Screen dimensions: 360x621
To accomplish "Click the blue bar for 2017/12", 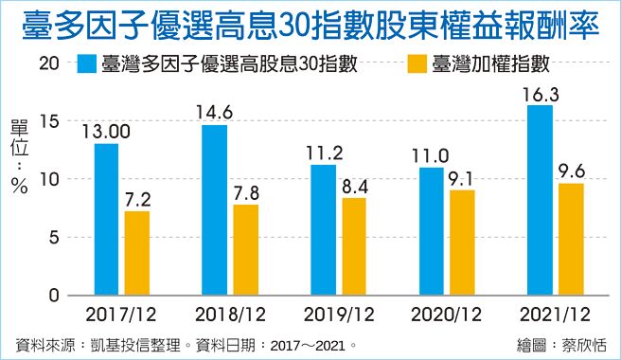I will [x=106, y=219].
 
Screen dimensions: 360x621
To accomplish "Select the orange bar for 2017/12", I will [x=137, y=253].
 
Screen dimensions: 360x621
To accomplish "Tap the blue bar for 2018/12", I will [x=214, y=209].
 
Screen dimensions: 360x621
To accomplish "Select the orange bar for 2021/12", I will [x=571, y=239].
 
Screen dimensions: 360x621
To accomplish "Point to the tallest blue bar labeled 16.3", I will [x=540, y=200].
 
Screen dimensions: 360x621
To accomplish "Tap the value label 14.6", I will [x=214, y=112].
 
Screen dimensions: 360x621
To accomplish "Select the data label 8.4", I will [x=354, y=185].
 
